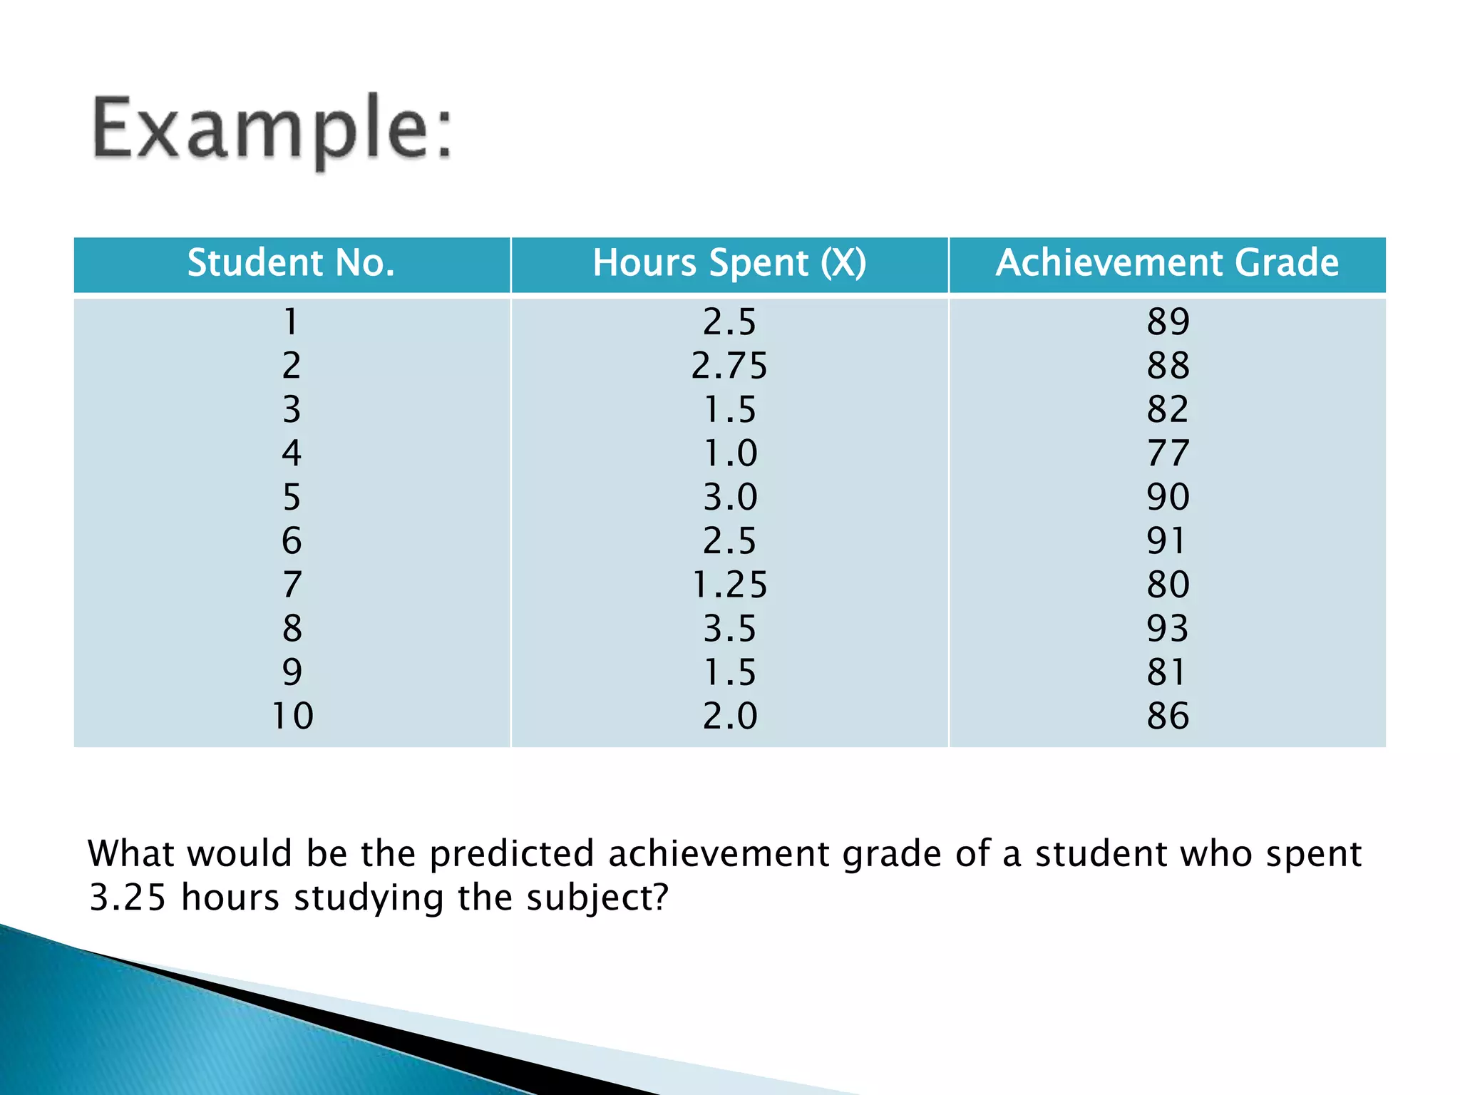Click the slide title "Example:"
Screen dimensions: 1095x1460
point(272,130)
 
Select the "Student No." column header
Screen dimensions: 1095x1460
point(291,263)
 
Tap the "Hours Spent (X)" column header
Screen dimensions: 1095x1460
point(729,263)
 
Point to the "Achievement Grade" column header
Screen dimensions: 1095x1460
point(1167,263)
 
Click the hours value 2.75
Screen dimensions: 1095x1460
point(729,366)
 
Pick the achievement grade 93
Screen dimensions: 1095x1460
point(1168,629)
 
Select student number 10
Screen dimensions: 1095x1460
point(292,716)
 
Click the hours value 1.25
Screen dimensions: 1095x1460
point(729,585)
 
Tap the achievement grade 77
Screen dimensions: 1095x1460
point(1168,453)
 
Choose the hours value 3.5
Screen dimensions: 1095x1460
point(729,629)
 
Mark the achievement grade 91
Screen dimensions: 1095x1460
point(1166,541)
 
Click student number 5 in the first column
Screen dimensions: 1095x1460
point(292,497)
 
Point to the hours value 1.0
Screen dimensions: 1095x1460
point(730,453)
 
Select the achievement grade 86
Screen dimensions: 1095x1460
point(1168,716)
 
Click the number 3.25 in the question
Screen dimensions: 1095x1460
point(128,898)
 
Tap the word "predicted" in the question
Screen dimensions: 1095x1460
point(511,854)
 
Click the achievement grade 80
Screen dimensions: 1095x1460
point(1168,585)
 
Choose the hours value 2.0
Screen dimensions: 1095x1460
point(730,716)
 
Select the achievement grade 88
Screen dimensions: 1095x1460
point(1168,366)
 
